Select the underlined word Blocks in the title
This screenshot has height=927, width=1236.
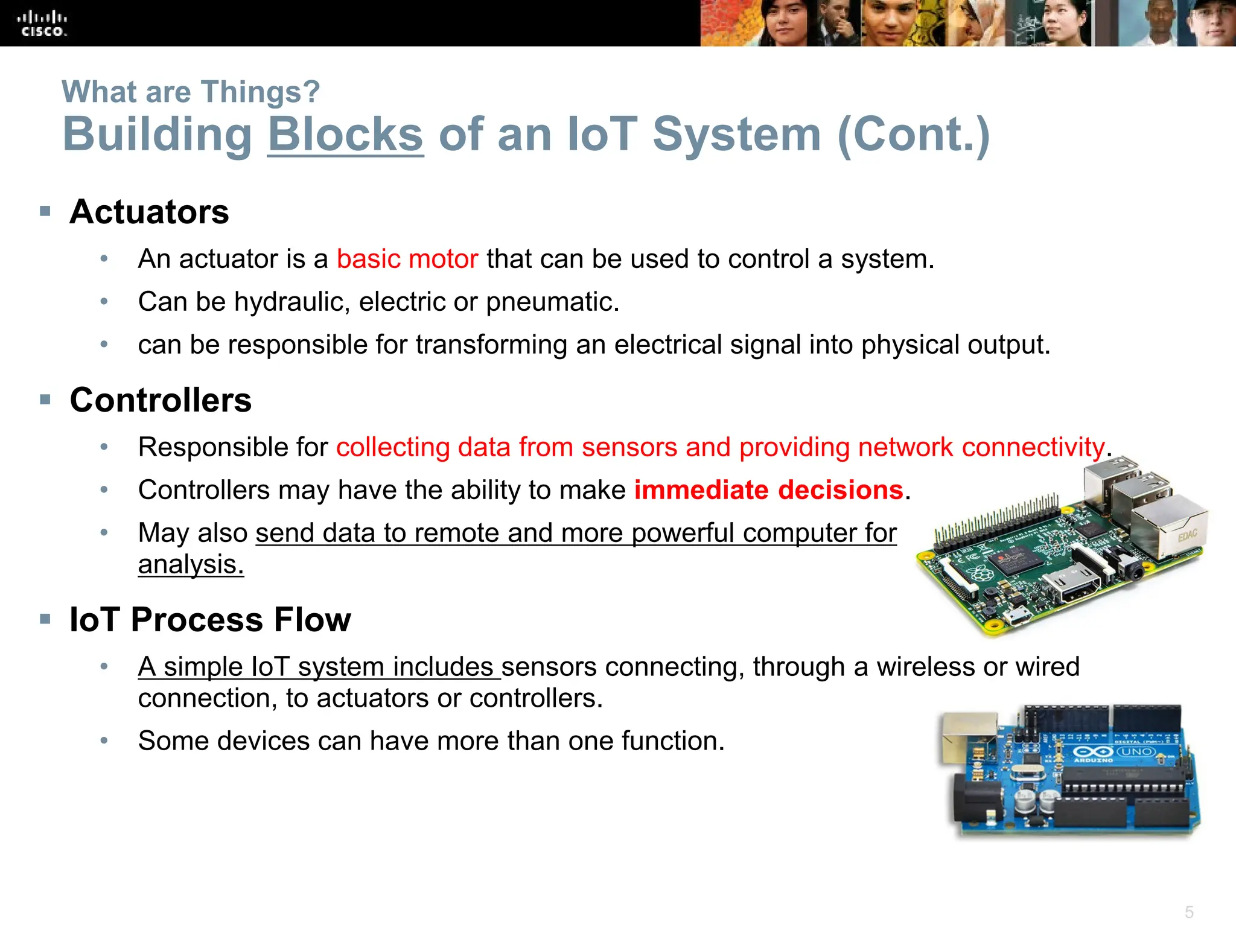click(345, 135)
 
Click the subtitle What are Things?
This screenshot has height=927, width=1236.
click(191, 92)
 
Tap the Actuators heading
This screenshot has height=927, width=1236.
click(149, 212)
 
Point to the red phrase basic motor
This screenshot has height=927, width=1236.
click(407, 259)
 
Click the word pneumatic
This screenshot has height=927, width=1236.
click(552, 302)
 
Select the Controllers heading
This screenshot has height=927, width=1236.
click(161, 400)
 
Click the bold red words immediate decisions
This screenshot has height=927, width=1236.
click(768, 490)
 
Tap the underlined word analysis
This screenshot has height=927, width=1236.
click(191, 565)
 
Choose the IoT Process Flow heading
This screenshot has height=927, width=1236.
click(210, 620)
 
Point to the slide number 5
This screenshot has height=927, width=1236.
click(1189, 911)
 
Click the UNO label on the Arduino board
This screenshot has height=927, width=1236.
click(1137, 752)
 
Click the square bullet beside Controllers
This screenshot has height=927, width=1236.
click(45, 400)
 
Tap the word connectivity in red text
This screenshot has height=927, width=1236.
click(1033, 448)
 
